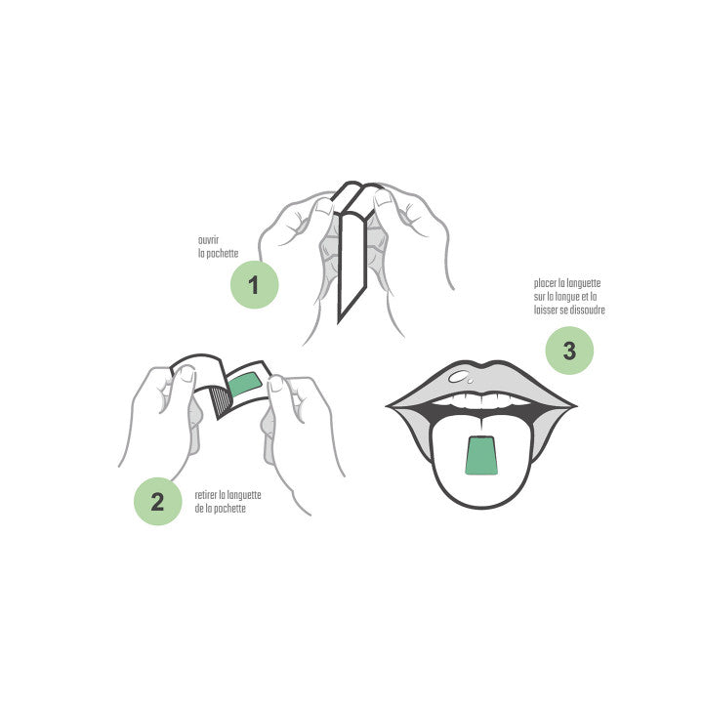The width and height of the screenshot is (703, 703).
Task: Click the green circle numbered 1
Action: coord(254,285)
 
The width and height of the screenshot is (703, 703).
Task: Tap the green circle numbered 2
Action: coord(158,501)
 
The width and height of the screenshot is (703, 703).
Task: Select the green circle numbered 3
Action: coord(569,351)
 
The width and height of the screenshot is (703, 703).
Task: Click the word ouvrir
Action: coord(209,240)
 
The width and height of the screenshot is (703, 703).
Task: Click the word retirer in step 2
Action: coord(206,495)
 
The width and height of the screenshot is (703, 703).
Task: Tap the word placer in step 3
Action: coord(545,283)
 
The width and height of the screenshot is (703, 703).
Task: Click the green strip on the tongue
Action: coord(481,455)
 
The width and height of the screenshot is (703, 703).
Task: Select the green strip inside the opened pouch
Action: coord(245,385)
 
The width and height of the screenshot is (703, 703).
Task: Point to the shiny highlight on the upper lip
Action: coord(460,377)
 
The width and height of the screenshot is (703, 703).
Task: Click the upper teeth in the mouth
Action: coord(481,399)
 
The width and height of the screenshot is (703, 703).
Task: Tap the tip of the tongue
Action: coord(481,508)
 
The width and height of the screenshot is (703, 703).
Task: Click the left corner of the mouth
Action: coord(388,406)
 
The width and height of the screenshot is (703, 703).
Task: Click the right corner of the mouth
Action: coord(575,406)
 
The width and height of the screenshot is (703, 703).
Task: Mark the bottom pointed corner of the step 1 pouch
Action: coord(339,321)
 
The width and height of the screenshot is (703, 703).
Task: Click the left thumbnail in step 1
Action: coord(324,206)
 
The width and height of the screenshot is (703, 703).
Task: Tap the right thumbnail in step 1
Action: coord(384,197)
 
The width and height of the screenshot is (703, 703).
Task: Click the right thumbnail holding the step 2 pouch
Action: coord(276,384)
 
